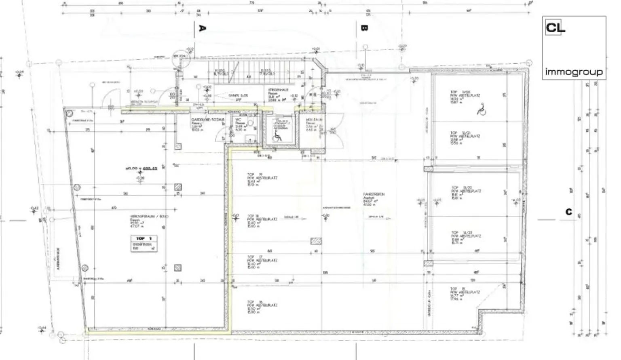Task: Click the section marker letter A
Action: coord(203,28)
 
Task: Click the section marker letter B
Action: coord(364,28)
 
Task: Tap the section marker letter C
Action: coord(569,212)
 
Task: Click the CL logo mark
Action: coord(555,28)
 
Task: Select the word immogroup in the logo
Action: coord(574,72)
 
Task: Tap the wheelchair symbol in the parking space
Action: coord(481,109)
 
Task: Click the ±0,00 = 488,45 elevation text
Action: coord(142,168)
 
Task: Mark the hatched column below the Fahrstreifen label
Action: coord(316,241)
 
